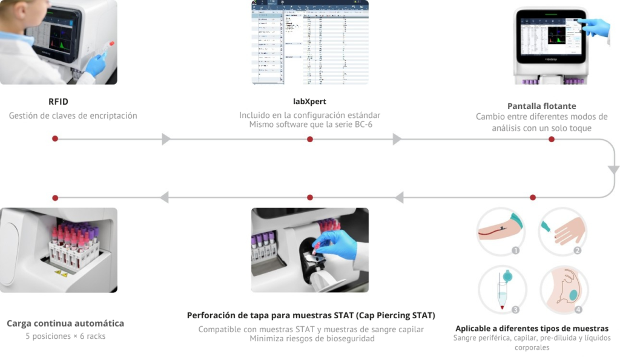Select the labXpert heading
click(309, 102)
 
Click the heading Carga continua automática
click(65, 323)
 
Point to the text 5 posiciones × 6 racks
click(65, 336)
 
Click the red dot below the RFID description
click(55, 139)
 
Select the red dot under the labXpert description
click(310, 139)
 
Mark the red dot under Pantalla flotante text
click(551, 139)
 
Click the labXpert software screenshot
click(310, 42)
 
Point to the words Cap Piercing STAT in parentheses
click(395, 315)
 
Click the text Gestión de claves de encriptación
click(73, 116)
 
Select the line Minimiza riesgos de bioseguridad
click(312, 339)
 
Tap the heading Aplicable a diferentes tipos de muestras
click(532, 328)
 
